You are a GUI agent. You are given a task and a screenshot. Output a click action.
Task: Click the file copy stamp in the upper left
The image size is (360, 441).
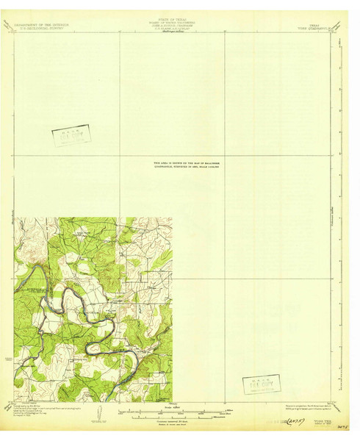pos(71,135)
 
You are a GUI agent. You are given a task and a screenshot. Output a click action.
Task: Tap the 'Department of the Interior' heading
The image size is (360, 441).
pos(36,24)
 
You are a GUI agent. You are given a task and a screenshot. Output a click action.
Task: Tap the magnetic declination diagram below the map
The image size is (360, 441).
pos(97,414)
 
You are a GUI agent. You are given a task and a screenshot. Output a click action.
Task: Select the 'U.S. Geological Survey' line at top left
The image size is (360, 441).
pos(36,28)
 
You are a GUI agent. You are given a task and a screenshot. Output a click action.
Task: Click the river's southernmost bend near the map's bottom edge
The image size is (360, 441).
pos(110,391)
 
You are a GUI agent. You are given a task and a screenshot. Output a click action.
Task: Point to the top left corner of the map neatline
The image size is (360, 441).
pos(14,32)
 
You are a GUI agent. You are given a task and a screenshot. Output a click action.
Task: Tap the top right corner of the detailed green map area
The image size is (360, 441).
pos(172,218)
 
